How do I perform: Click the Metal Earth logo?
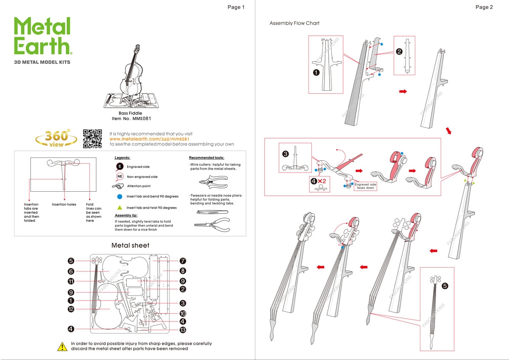pos(42,36)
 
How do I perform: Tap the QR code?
pos(92,139)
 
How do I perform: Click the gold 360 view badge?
pos(56,139)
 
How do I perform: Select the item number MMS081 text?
pos(130,119)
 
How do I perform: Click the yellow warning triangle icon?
pos(62,346)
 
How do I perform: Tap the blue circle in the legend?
pos(120,196)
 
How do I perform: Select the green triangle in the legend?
pos(120,208)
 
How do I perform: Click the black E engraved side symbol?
pos(120,167)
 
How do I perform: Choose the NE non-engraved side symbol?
pos(120,176)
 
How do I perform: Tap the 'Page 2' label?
pos(484,7)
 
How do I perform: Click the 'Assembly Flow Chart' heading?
pos(294,23)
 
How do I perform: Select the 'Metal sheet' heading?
pos(130,245)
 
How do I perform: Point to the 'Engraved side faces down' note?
pos(365,186)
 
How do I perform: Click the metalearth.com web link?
pos(149,139)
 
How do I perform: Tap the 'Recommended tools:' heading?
pos(207,157)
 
